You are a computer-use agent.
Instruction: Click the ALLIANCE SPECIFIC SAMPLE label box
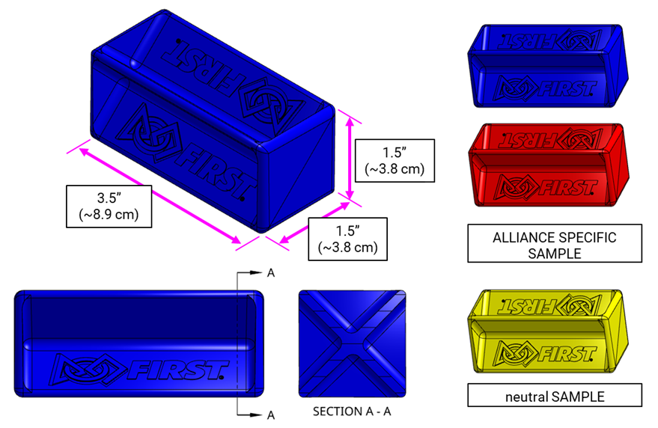[554, 245]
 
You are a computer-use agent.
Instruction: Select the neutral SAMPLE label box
[554, 395]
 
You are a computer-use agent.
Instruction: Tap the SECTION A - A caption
[352, 412]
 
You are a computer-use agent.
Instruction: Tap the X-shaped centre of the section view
[352, 343]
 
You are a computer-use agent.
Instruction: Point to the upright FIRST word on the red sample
[569, 187]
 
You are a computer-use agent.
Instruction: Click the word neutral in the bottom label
[526, 395]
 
